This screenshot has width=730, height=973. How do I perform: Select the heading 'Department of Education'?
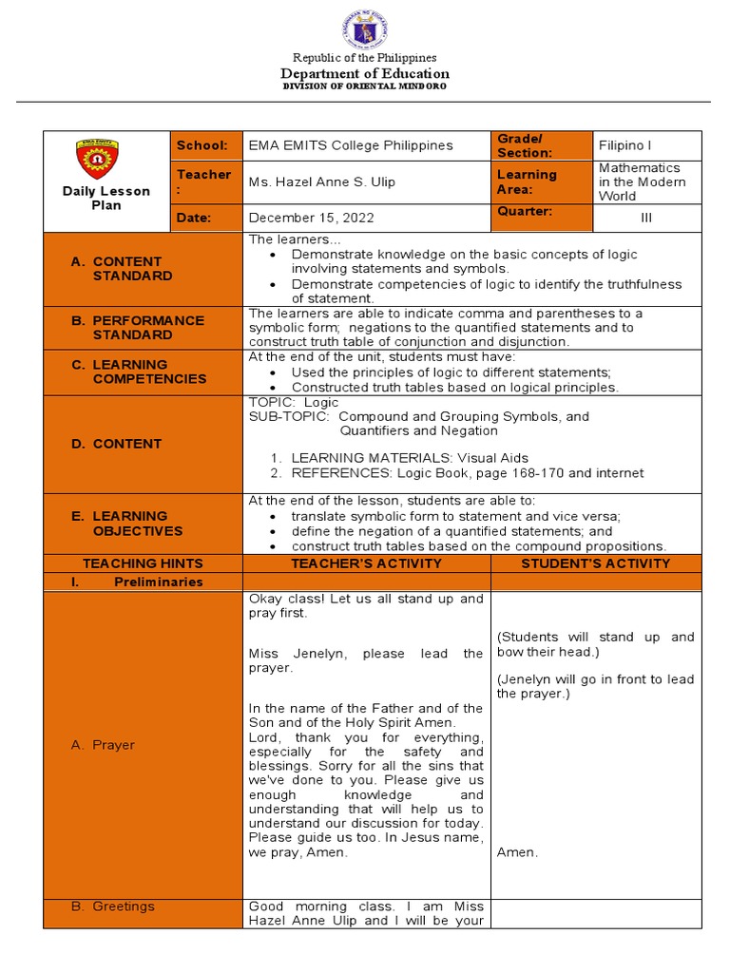364,73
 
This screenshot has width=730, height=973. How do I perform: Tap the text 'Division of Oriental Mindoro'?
364,86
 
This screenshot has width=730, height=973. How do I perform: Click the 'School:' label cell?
202,145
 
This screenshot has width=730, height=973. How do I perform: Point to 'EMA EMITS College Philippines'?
351,145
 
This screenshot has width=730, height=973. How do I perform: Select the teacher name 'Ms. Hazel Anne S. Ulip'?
321,181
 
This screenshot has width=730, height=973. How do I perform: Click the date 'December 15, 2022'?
311,218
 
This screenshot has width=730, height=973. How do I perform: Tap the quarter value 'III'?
646,218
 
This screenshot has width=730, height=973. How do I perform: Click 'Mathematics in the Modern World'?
642,181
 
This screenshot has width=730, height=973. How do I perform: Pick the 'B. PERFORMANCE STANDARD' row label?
139,328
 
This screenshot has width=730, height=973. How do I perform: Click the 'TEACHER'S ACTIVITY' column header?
366,563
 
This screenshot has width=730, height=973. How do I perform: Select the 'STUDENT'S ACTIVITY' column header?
596,563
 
